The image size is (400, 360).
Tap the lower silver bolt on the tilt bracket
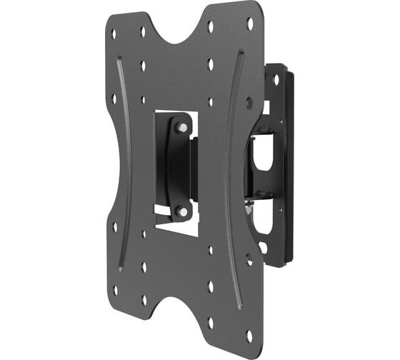coord(181,211)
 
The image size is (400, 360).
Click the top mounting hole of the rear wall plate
coord(276,81)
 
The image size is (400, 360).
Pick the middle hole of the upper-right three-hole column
coord(211,64)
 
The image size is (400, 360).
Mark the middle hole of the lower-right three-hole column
coord(210,286)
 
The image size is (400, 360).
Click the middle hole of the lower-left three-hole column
coord(144,266)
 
